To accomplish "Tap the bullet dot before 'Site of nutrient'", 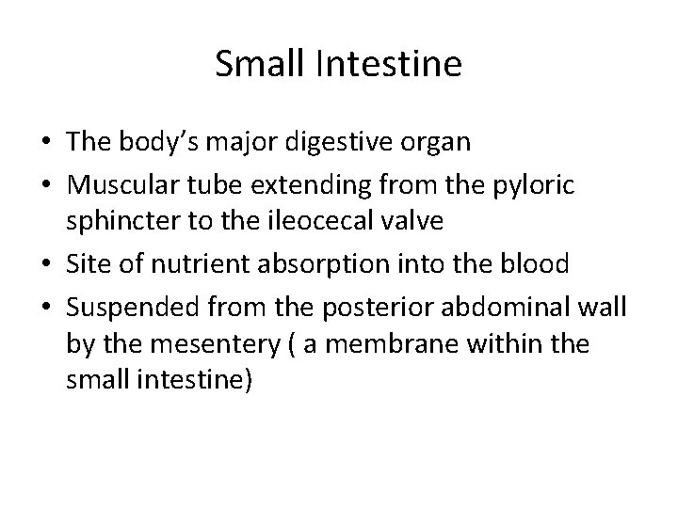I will [46, 265].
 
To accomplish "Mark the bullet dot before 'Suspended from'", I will [46, 300].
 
